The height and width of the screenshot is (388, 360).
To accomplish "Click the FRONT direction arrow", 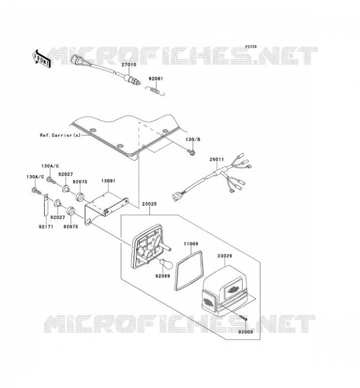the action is click(42, 59).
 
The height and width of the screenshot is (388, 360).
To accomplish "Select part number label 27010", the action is click(129, 65).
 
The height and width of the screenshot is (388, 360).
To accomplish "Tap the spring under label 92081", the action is click(155, 91).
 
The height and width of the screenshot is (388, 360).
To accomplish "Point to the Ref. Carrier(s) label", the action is click(60, 135).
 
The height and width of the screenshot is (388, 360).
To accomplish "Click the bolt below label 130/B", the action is click(192, 152).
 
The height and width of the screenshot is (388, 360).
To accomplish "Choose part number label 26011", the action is click(217, 160).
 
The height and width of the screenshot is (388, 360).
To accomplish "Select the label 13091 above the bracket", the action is click(108, 181).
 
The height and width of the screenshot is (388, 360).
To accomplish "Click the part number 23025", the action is click(149, 204).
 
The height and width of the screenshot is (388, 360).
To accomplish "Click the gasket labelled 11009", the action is click(189, 270).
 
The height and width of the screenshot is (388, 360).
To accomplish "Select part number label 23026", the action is click(225, 256).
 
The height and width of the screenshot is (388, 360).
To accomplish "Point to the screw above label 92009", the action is click(243, 318).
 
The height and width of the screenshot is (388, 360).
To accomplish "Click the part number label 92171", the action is click(46, 226).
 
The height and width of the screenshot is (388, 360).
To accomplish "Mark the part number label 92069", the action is click(163, 276).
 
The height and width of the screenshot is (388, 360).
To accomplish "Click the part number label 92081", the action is click(156, 79).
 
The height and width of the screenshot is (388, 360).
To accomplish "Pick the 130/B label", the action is click(193, 140).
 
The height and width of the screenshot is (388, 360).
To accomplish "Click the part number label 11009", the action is click(191, 244).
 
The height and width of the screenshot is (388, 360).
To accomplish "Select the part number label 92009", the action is click(245, 332).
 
